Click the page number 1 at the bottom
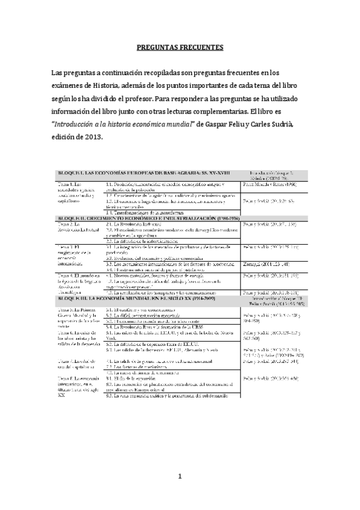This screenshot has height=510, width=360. click(179, 477)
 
